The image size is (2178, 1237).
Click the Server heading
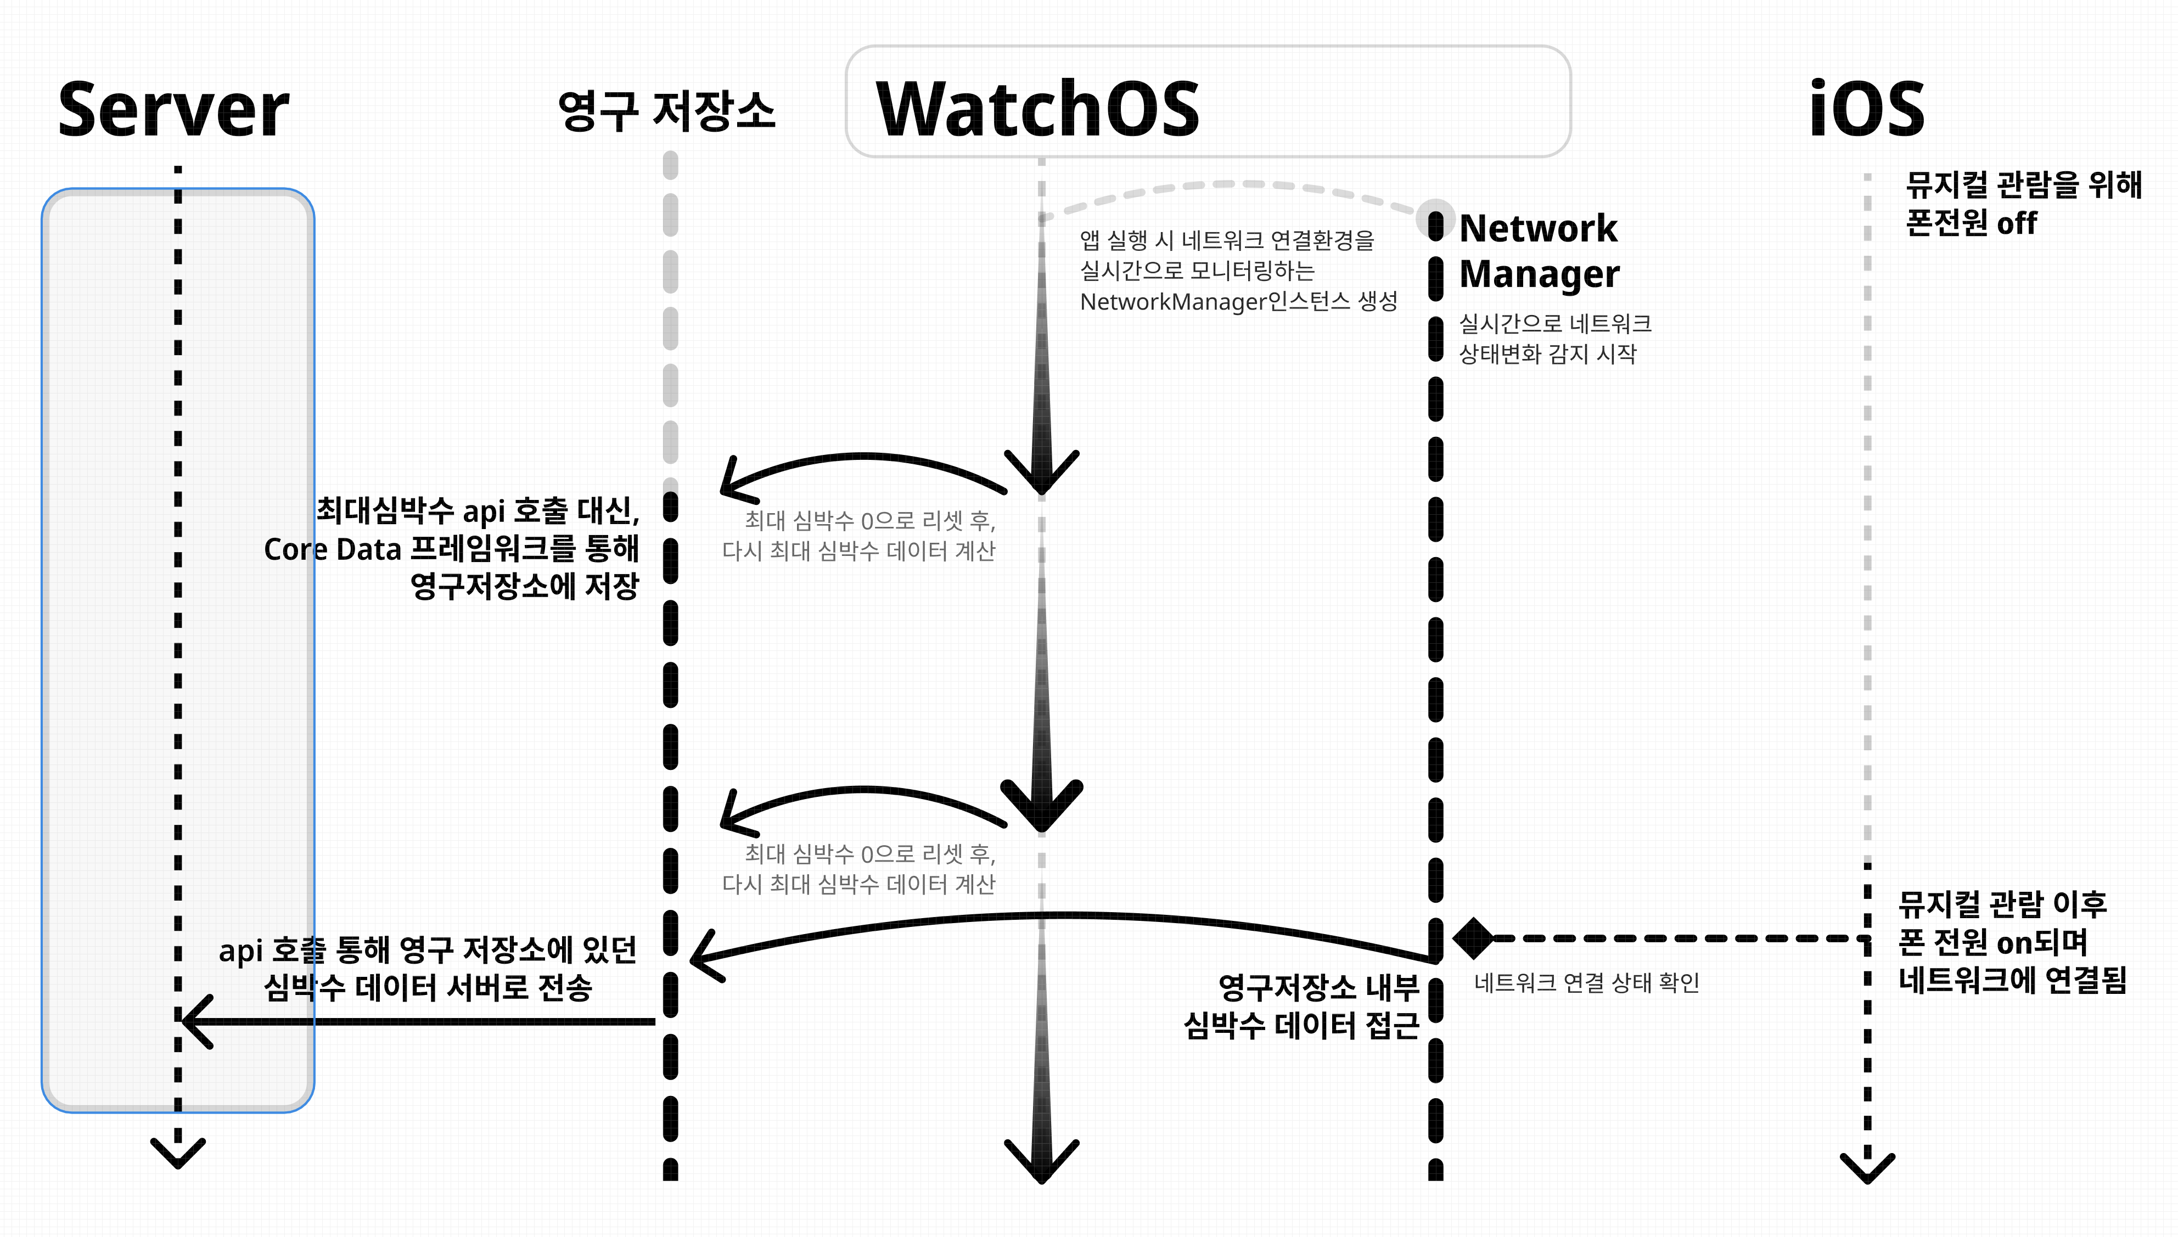[x=173, y=110]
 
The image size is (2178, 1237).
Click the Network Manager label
[x=1539, y=251]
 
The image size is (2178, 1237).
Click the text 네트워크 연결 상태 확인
[x=1586, y=983]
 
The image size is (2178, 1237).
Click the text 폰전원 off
[x=1971, y=223]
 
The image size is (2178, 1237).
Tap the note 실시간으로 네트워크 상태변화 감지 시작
[x=1554, y=338]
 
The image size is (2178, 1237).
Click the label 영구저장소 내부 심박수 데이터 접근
[x=1301, y=1007]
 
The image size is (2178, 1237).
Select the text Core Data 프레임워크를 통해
[x=450, y=549]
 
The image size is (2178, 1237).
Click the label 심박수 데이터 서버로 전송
[x=427, y=987]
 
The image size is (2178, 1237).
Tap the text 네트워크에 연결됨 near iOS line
[x=2012, y=980]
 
